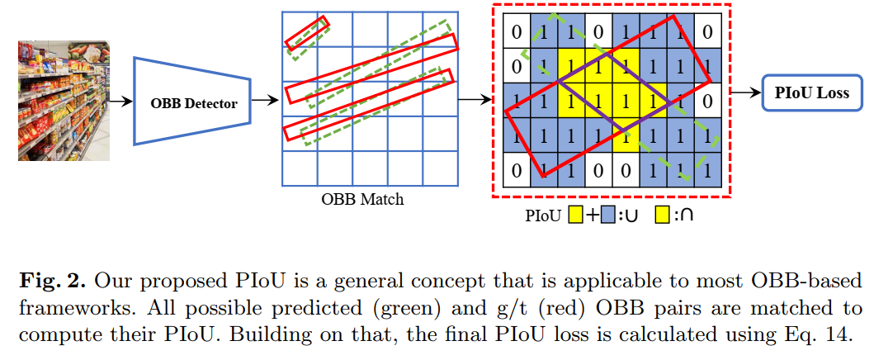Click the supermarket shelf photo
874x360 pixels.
[64, 100]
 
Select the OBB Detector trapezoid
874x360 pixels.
[192, 102]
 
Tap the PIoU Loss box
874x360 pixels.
[811, 93]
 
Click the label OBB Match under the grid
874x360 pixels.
[362, 200]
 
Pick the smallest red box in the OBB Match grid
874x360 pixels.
[307, 31]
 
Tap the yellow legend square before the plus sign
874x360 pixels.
[575, 216]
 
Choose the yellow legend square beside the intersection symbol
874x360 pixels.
[663, 216]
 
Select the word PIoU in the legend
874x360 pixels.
[543, 216]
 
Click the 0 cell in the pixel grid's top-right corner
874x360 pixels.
[707, 33]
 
